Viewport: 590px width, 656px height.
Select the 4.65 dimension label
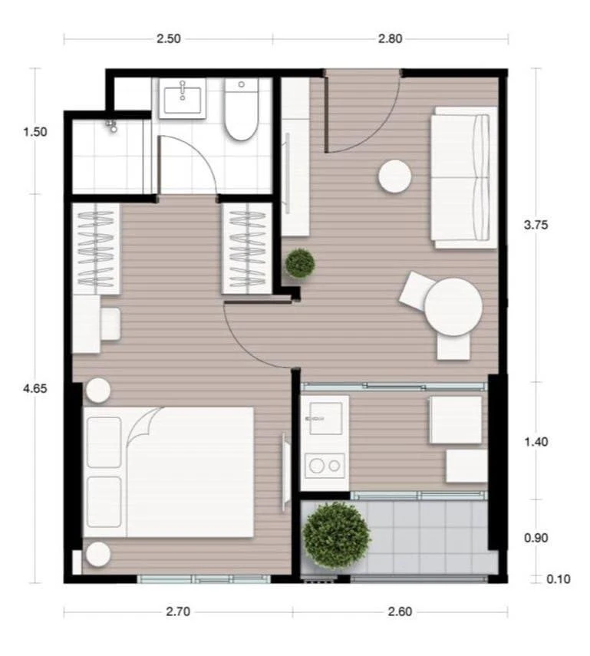tap(35, 388)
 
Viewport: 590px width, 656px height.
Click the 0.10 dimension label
tap(558, 579)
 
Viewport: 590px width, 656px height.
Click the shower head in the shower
tap(113, 125)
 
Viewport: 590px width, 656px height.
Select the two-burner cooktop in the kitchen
tap(325, 464)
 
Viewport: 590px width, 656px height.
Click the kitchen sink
tap(323, 418)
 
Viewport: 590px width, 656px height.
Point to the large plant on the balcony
tap(335, 535)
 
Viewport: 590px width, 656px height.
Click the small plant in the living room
tap(299, 263)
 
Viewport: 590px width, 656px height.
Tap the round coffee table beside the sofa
tap(395, 176)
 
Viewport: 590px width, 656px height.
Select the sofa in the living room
tap(463, 177)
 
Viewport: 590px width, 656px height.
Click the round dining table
tap(453, 306)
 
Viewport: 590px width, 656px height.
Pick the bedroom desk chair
tap(110, 323)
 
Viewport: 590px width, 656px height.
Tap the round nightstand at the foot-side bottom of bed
tap(98, 553)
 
